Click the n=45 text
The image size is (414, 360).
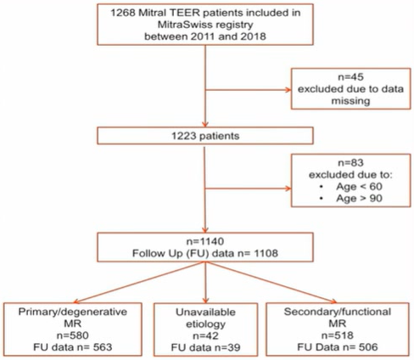(x=350, y=77)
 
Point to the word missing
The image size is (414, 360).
(x=350, y=101)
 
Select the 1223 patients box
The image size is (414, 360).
(x=205, y=136)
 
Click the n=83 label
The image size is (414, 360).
(x=350, y=163)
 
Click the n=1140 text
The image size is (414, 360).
(x=205, y=241)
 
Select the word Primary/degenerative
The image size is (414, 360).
(x=73, y=312)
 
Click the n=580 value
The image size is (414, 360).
(x=73, y=335)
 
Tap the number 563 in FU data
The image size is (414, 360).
(x=103, y=347)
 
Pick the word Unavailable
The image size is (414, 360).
(x=205, y=312)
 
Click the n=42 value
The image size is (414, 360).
(x=205, y=335)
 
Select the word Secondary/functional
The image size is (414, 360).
(x=338, y=312)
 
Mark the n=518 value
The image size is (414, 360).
(x=338, y=335)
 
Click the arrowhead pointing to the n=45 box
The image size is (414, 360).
(x=288, y=90)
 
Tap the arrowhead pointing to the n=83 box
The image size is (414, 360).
(x=288, y=188)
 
